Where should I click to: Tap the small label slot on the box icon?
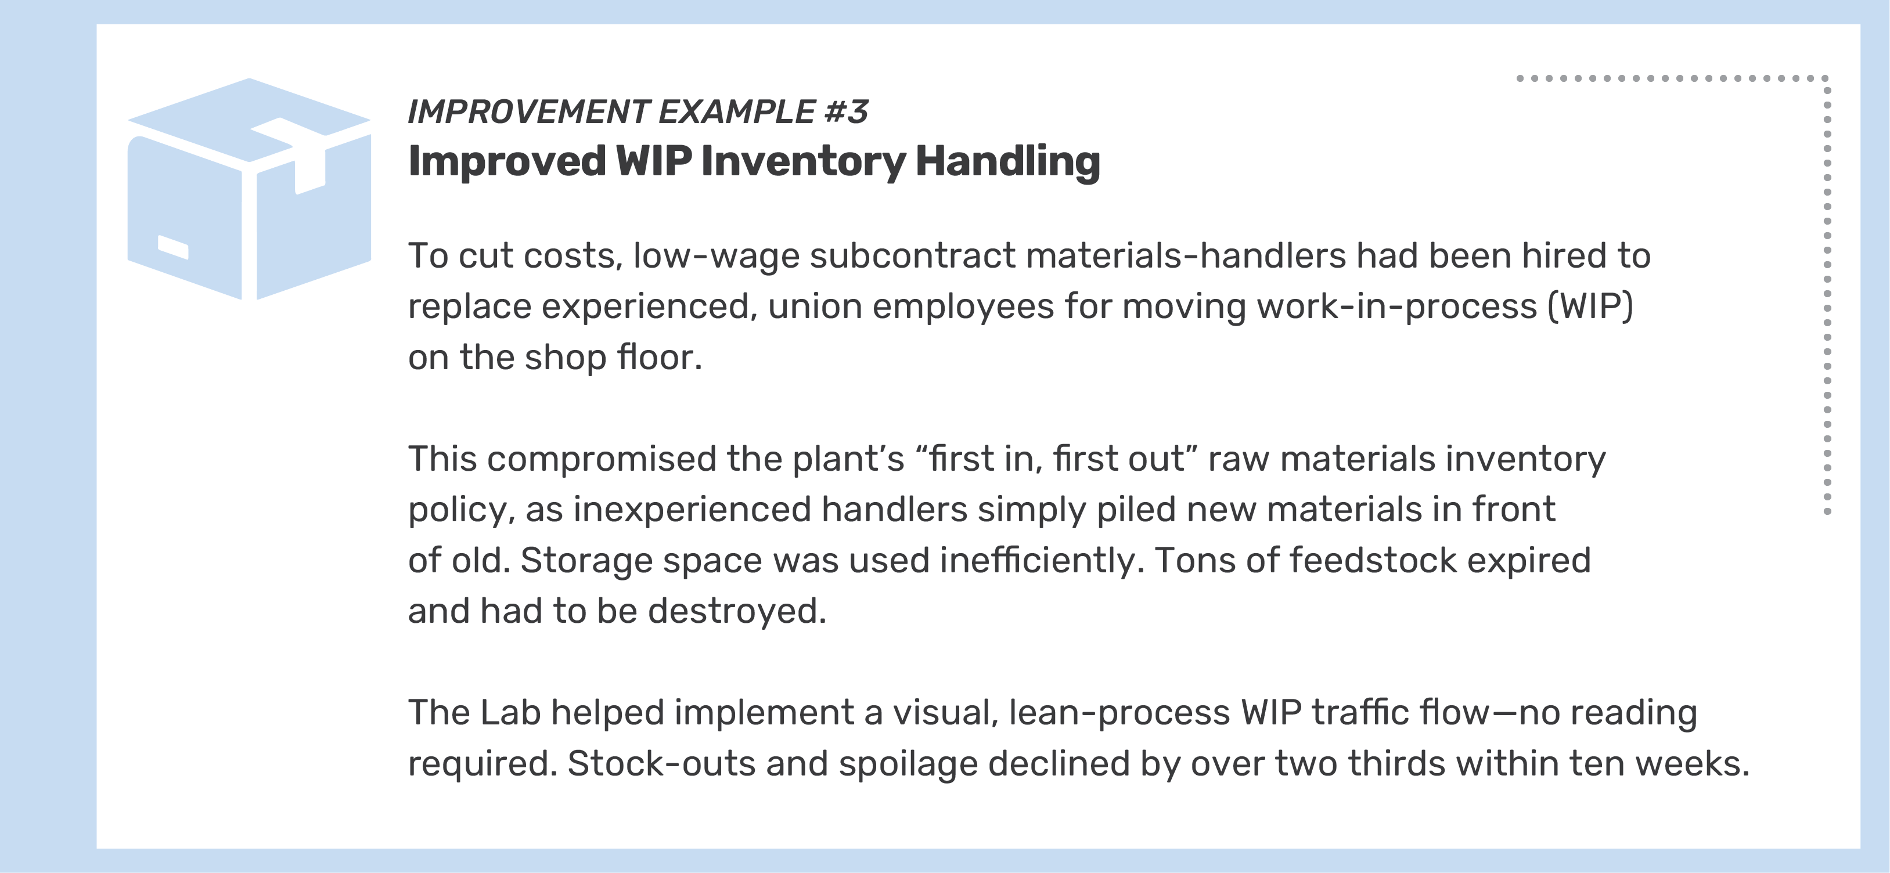[173, 247]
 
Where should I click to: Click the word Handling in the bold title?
[1007, 161]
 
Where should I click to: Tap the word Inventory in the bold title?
[802, 161]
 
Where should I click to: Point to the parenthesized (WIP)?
[1590, 306]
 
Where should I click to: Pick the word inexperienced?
[691, 510]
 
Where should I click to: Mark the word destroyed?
[736, 611]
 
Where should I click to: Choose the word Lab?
[510, 713]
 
